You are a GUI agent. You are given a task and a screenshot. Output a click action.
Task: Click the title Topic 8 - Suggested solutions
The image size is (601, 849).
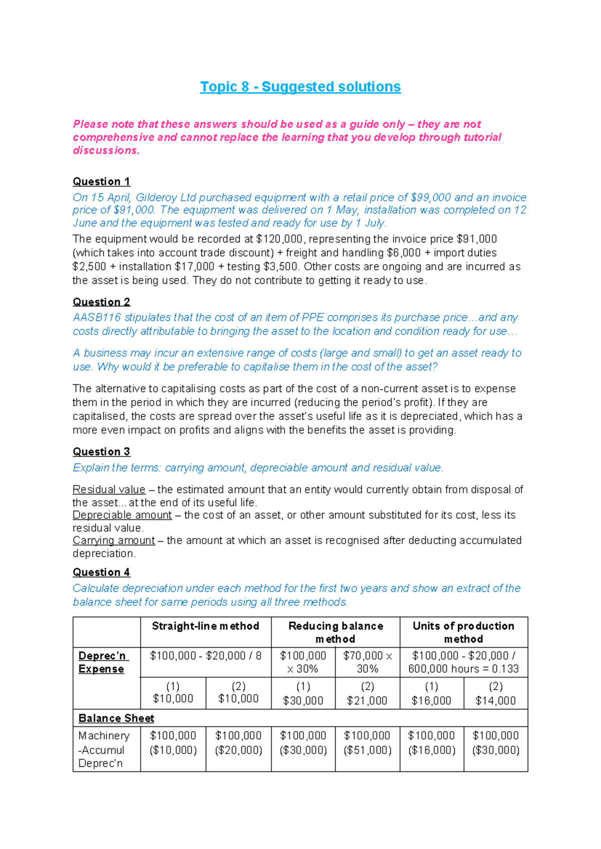point(300,87)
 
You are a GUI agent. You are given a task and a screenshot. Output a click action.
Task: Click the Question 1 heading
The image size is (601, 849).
point(101,181)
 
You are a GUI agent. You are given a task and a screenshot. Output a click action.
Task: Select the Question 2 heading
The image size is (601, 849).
point(101,302)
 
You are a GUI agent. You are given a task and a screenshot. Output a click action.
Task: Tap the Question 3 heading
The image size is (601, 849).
point(101,452)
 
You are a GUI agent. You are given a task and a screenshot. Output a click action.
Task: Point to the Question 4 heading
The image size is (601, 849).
point(101,572)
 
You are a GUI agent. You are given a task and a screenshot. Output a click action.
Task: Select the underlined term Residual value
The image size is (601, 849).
point(109,489)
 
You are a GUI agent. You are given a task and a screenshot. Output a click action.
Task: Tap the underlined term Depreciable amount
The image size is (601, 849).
point(122,515)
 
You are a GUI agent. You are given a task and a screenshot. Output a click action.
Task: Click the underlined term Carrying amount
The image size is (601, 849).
point(114,540)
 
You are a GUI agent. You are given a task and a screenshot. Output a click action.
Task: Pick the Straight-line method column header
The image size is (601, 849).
point(205,626)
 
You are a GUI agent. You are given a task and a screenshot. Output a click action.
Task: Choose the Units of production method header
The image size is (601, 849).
point(463,632)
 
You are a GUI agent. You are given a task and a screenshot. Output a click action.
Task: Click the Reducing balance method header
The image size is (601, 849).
point(335,632)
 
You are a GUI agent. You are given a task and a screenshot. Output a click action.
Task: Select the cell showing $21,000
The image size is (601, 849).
point(367,700)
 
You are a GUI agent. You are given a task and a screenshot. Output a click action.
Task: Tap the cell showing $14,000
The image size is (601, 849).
point(495,700)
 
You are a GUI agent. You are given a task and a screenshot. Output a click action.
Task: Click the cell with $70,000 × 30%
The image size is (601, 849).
point(367,662)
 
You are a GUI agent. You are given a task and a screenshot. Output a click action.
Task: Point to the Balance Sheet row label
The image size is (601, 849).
point(116,718)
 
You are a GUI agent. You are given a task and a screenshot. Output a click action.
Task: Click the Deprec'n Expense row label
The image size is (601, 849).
point(102,662)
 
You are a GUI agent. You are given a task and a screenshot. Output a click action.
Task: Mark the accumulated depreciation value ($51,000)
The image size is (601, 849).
point(367,750)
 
